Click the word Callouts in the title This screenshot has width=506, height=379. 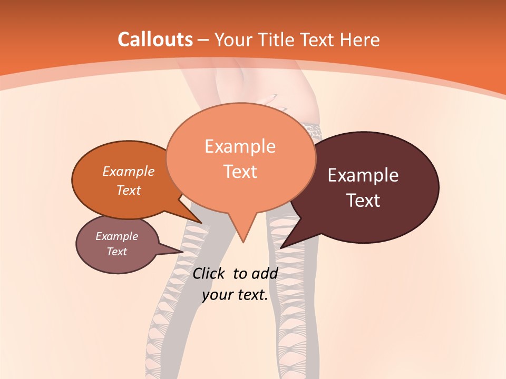click(155, 39)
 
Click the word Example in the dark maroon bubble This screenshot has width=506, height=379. click(363, 175)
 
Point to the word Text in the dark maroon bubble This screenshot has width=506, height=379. click(363, 201)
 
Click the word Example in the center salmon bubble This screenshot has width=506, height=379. click(240, 146)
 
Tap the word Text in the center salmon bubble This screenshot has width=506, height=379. click(240, 172)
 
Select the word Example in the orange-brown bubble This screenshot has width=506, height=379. click(129, 171)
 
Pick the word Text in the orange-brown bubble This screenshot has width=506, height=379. click(129, 190)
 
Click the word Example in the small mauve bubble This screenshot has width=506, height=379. click(117, 236)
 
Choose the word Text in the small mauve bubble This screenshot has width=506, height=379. click(117, 252)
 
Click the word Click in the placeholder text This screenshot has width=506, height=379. click(210, 273)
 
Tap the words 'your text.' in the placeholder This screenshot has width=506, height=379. click(235, 295)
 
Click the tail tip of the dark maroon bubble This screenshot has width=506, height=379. click(281, 247)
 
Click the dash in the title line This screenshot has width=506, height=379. click(204, 40)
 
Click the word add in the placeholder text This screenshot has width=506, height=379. click(265, 273)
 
